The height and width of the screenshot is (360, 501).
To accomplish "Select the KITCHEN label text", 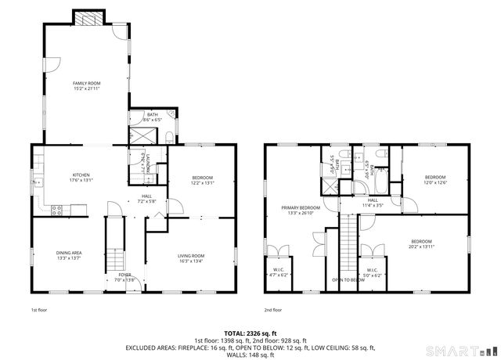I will [81, 177].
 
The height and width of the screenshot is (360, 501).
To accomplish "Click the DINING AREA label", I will [69, 255].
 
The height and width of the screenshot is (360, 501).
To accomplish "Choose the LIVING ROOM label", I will [190, 257].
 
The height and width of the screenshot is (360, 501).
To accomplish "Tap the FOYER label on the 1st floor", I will [125, 277].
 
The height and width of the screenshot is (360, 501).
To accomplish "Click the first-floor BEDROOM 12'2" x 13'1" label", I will [202, 180].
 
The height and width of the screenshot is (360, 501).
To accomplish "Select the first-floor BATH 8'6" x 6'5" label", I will [152, 117].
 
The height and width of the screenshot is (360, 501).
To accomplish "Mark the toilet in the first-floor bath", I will [170, 137].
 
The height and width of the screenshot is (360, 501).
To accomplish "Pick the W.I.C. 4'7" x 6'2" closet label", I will [279, 272].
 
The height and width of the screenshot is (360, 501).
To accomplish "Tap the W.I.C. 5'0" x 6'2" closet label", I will [373, 272].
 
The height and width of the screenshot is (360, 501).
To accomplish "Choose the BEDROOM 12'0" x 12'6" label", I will [434, 180].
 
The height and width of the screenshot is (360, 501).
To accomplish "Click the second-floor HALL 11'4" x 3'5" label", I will [373, 202].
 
